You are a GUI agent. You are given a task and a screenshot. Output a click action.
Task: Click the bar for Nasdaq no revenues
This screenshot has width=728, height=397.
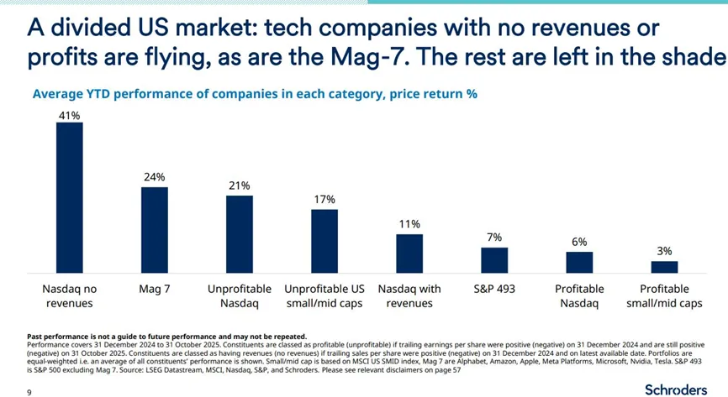[x=69, y=197]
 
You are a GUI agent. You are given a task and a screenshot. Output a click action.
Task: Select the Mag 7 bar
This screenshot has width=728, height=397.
[x=154, y=229]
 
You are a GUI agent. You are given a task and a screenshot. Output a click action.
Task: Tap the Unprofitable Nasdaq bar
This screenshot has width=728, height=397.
[x=240, y=233]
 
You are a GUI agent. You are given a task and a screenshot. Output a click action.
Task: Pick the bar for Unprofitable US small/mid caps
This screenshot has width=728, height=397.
[x=324, y=240]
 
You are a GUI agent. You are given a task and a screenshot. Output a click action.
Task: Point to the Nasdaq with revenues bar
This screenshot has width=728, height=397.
[x=409, y=253]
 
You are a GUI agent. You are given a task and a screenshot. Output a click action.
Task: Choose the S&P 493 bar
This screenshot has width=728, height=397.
[x=494, y=259]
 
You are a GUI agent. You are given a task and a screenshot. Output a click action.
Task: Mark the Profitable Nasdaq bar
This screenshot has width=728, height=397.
[x=579, y=262]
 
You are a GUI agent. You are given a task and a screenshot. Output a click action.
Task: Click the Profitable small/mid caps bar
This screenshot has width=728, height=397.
[x=664, y=267]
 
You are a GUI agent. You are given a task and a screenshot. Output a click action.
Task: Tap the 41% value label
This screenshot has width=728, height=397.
[x=69, y=115]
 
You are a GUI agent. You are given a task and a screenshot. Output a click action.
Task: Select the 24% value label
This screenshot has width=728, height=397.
[x=154, y=178]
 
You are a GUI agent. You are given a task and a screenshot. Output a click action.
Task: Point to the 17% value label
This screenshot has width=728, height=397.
[x=324, y=200]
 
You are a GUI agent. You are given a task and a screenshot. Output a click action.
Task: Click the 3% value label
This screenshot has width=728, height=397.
[x=664, y=251]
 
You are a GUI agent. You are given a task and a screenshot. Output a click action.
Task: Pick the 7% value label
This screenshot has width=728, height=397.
[x=494, y=238]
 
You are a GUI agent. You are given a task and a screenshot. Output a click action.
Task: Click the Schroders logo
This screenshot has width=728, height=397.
[x=675, y=389]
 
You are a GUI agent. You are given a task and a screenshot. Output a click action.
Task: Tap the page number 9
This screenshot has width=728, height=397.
[x=29, y=391]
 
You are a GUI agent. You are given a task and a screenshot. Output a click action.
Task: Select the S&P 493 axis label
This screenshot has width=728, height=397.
[x=494, y=289]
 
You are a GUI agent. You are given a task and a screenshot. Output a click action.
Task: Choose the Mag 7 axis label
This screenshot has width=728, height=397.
[x=154, y=289]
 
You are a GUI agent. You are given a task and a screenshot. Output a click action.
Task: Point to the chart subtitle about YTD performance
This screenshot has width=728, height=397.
[x=254, y=94]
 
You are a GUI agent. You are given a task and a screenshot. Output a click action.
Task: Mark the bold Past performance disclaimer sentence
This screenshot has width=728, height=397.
[x=167, y=337]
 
